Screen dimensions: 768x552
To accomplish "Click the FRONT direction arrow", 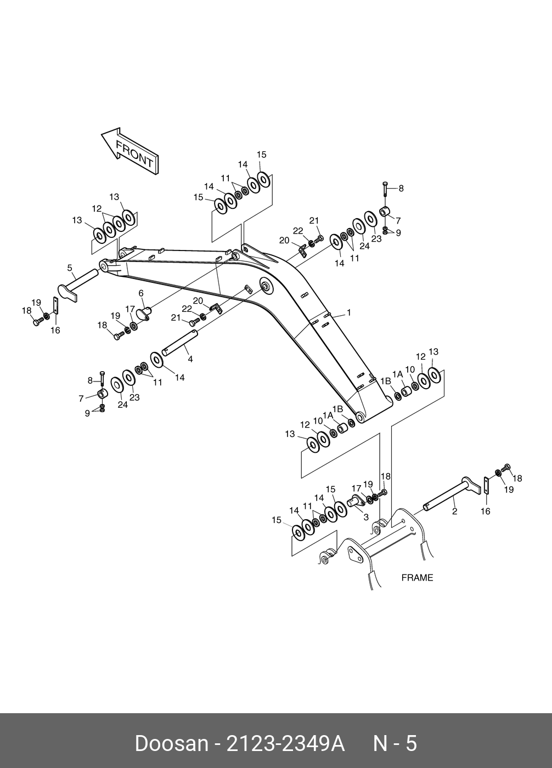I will coord(129,151).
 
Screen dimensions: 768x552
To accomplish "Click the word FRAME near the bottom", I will coord(417,578).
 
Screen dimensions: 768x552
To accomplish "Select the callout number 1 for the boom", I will coord(348,313).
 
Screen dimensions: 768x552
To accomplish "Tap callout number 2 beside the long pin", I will coord(454,511).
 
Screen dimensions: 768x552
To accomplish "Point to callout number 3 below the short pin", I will coord(366,517).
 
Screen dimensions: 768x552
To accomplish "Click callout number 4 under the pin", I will coord(190,360).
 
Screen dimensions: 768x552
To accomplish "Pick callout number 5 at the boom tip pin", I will coord(70,268).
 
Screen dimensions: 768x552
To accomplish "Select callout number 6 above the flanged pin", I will coord(140,293).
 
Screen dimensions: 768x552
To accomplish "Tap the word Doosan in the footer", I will coord(171,744).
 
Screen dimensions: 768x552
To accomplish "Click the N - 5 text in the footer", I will coord(395,744).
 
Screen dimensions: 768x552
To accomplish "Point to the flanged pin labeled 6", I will coord(144,314).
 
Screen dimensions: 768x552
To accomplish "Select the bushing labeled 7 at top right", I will coord(386,212).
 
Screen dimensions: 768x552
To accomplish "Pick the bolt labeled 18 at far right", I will coord(506,468).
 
